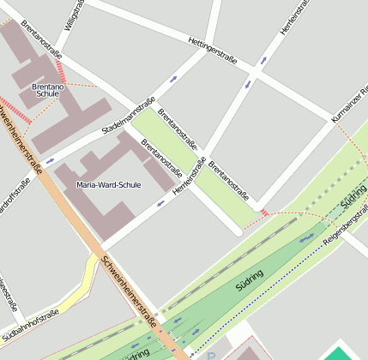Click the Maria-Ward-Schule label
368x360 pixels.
[x=108, y=184]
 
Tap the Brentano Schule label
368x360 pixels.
[x=46, y=90]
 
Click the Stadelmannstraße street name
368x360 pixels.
[x=128, y=116]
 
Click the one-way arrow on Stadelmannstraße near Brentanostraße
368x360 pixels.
[x=174, y=79]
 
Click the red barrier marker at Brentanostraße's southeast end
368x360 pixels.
[x=264, y=212]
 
